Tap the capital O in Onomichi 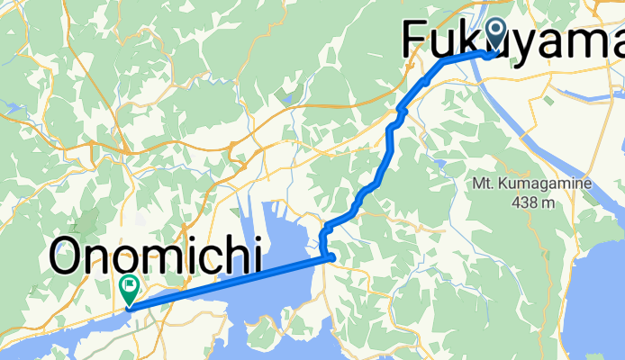click(69, 257)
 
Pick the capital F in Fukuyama click(414, 41)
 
